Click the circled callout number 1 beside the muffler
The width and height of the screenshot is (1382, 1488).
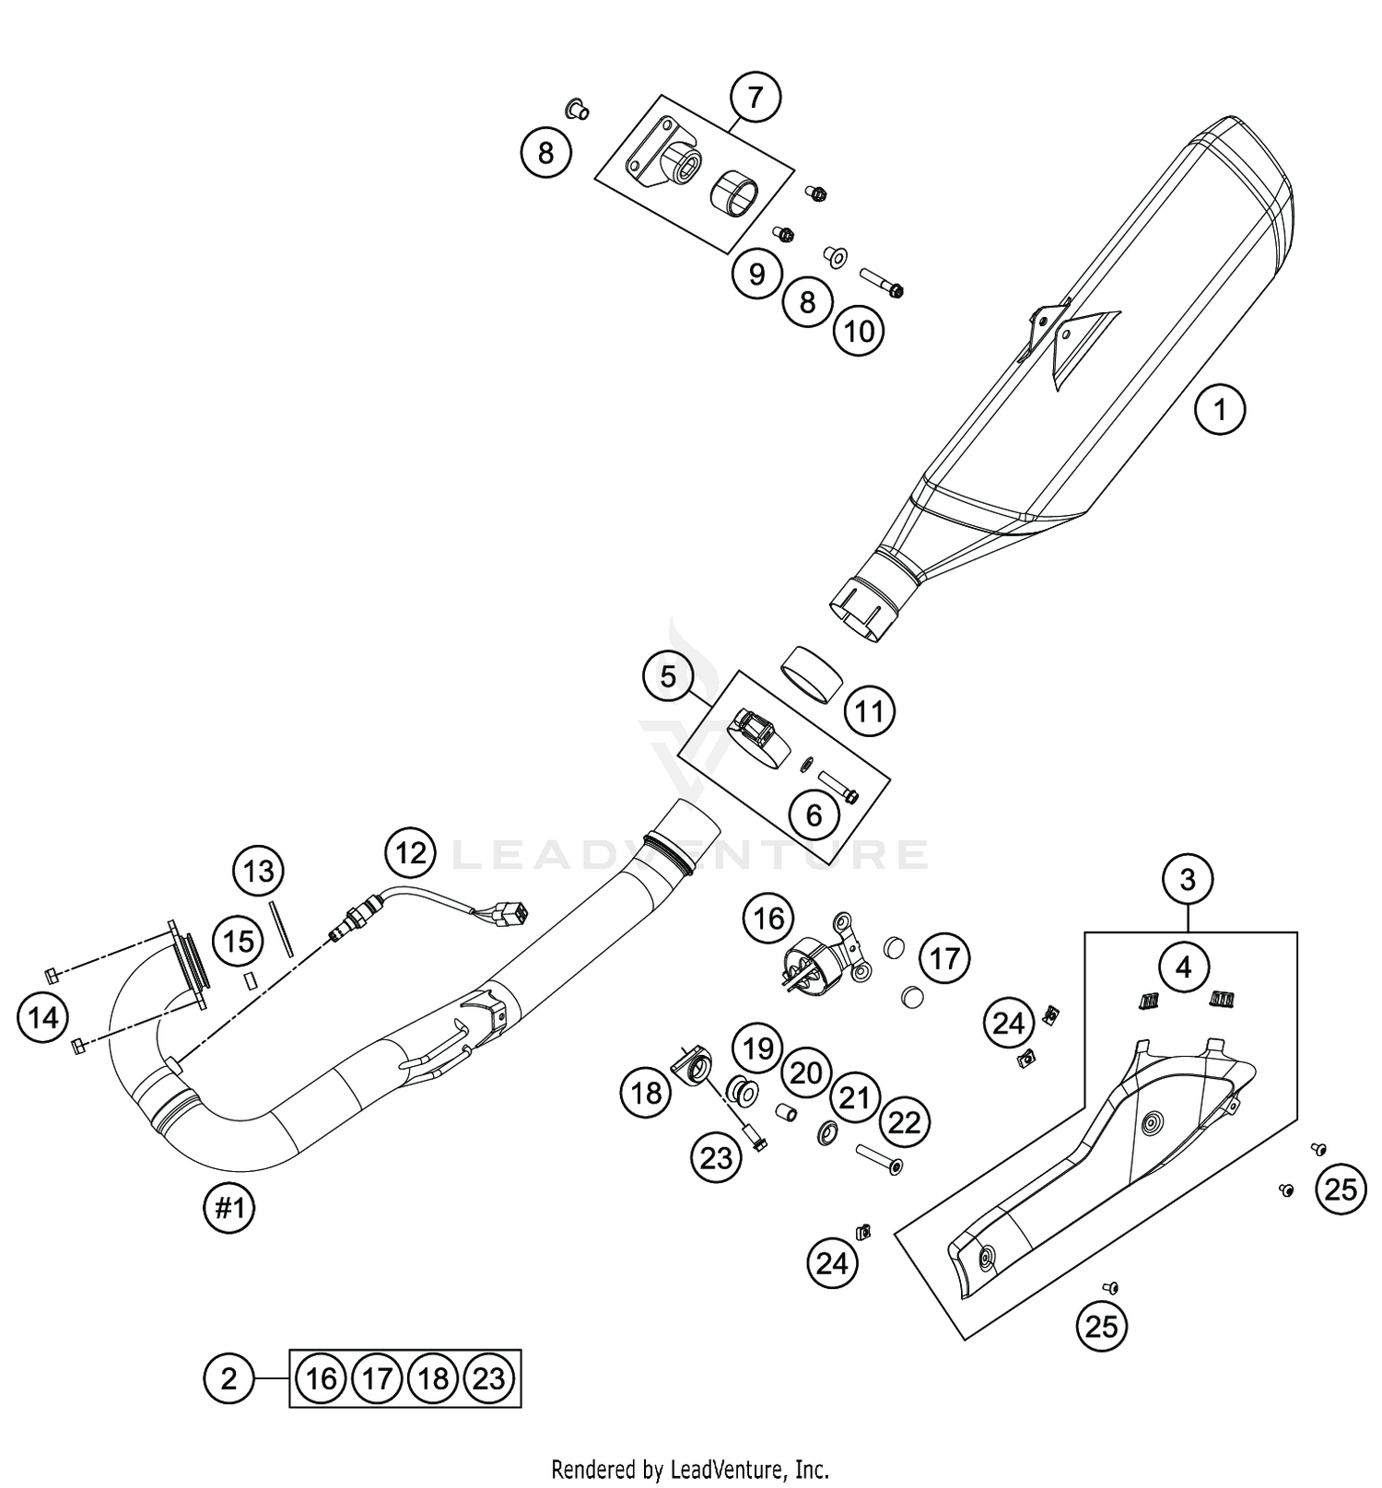(1220, 408)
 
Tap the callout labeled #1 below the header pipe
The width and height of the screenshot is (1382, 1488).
(228, 1208)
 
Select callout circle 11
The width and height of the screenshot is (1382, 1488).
(870, 710)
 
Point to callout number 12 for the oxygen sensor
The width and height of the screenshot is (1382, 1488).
(411, 852)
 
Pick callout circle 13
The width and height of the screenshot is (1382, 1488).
(259, 870)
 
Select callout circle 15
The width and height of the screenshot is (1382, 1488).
(239, 942)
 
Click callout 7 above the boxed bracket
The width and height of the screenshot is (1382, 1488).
(755, 97)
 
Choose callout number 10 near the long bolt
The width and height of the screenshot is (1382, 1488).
(859, 331)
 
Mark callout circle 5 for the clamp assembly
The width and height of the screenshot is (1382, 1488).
(668, 677)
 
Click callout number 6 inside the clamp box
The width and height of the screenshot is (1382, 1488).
(814, 814)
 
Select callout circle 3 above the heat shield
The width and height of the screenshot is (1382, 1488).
(1187, 880)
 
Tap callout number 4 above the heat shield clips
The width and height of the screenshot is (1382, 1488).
(1184, 967)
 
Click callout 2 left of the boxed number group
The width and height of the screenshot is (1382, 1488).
(228, 1378)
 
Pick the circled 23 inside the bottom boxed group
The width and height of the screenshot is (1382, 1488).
(489, 1378)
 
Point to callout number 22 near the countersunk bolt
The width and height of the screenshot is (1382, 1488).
(904, 1122)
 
